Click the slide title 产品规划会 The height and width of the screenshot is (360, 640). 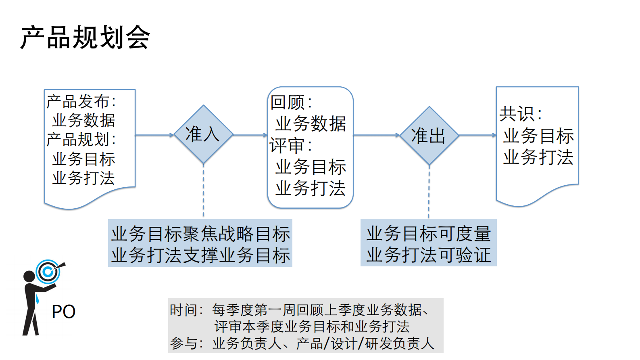[85, 37]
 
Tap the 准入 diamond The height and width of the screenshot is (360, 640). [203, 134]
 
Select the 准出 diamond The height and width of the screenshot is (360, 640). [429, 136]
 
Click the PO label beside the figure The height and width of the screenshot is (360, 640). [64, 312]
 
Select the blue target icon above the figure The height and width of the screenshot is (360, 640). [48, 272]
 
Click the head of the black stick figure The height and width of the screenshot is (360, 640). [29, 276]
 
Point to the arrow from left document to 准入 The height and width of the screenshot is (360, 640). [154, 135]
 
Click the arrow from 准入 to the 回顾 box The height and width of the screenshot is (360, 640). [250, 135]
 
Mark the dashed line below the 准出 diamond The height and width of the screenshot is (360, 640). [429, 192]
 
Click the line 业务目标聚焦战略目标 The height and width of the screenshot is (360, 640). [200, 234]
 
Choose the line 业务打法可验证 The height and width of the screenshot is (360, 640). [429, 255]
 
